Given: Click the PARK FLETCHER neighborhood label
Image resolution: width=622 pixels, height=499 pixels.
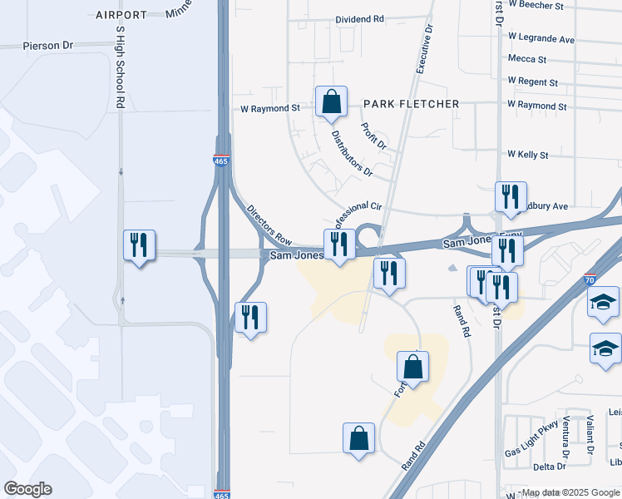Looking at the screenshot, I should (x=411, y=104).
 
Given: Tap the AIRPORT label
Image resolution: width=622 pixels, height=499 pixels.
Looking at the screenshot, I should (x=121, y=15).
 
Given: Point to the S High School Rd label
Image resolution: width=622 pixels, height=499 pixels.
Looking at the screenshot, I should (x=121, y=67).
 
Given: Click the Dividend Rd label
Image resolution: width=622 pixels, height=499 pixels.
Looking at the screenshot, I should (x=360, y=18).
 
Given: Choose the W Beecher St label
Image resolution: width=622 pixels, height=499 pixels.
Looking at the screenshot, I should (x=536, y=5).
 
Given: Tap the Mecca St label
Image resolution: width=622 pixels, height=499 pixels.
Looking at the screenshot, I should (x=527, y=60).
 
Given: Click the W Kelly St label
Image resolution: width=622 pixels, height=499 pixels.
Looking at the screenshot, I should (x=528, y=156).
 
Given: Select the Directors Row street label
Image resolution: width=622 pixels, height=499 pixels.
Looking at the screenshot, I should (x=269, y=225).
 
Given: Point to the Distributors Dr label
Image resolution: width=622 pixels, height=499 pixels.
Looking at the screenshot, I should (x=351, y=153).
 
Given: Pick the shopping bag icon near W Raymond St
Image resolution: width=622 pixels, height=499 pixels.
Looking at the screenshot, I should (x=331, y=103).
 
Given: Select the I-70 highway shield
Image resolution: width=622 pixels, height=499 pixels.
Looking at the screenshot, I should (x=590, y=282).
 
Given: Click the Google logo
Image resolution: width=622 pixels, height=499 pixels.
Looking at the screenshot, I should (x=27, y=489).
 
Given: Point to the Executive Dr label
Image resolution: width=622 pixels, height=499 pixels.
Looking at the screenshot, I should (x=423, y=49).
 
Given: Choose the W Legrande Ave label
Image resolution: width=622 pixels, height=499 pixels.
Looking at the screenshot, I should (x=541, y=39).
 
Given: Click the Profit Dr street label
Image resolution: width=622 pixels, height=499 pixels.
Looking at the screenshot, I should (x=374, y=136).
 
